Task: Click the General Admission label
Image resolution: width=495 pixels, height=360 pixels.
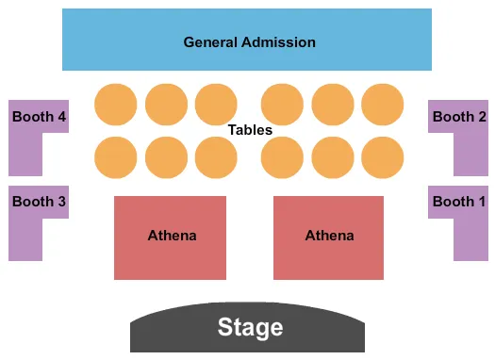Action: coord(249,42)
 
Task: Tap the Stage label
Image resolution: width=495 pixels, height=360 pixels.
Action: coord(250,327)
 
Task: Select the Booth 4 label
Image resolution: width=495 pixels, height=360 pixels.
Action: coord(40,118)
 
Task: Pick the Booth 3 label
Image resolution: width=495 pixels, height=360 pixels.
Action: coord(39,202)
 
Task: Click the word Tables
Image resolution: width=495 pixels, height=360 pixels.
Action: coord(250,130)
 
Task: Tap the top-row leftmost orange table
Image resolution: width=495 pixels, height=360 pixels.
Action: coord(116,104)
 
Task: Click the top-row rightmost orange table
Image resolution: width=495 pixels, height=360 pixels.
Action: coord(382,104)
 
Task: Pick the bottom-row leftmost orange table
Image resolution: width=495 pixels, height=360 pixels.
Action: coord(116,157)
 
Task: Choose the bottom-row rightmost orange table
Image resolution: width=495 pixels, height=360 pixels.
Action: coord(382,157)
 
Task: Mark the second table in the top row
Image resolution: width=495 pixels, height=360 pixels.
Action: coord(167,104)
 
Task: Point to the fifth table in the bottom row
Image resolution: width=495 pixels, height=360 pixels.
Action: coord(333,157)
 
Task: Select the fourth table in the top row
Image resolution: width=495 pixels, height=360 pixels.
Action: coord(282,104)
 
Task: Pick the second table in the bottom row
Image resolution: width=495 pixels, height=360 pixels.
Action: coord(167,157)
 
